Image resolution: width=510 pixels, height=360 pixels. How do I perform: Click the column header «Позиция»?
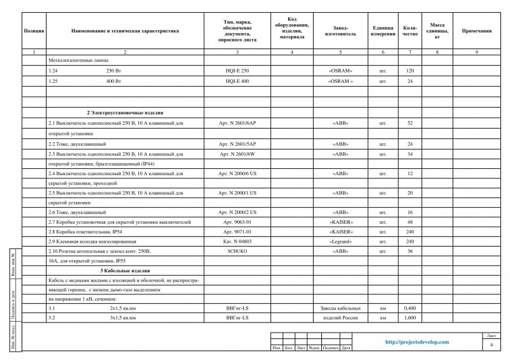33,30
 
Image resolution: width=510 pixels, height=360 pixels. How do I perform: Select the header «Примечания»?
476,30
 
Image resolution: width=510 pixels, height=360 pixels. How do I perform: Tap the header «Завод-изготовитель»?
340,30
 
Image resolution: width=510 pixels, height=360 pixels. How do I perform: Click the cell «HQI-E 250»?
237,71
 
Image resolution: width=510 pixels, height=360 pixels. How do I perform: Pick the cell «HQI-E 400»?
237,82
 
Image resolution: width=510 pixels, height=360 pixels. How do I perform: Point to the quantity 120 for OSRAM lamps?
410,71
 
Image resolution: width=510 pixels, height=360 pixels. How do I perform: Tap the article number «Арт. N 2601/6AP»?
237,122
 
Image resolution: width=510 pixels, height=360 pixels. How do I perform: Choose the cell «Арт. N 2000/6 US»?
237,173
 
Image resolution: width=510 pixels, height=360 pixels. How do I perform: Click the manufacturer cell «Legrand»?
340,241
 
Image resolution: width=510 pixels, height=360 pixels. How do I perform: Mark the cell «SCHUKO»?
237,251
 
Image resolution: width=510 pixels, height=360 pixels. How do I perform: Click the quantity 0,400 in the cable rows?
410,308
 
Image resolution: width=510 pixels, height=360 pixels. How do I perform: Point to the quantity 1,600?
410,317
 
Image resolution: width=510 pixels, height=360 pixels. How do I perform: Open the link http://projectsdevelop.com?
418,342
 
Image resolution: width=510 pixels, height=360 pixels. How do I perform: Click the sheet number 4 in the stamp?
491,345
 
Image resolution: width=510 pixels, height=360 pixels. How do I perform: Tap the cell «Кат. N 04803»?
237,241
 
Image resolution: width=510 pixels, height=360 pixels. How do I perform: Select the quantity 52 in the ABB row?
410,122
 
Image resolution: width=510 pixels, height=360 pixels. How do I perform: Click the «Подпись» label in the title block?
331,348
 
